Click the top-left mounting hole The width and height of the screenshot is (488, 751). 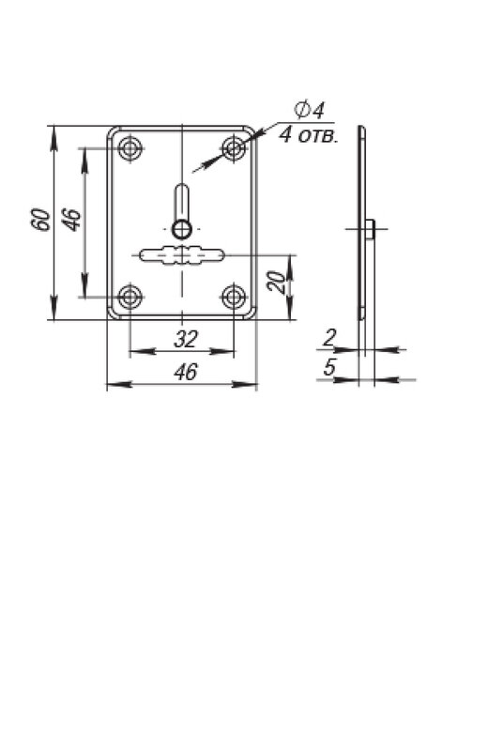coord(130,149)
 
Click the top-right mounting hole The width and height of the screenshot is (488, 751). coord(234,148)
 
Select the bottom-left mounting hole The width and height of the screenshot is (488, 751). coord(130,298)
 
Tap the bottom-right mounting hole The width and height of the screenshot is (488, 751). coord(234,298)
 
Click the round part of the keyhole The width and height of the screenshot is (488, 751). coord(182,229)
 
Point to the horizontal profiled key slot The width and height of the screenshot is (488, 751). coord(181,254)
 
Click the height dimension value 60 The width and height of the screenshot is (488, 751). coord(42,221)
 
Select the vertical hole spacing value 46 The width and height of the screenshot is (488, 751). coord(73,220)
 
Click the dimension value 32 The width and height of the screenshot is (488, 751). coord(185,340)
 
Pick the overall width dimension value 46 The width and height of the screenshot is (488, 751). coord(185,372)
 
